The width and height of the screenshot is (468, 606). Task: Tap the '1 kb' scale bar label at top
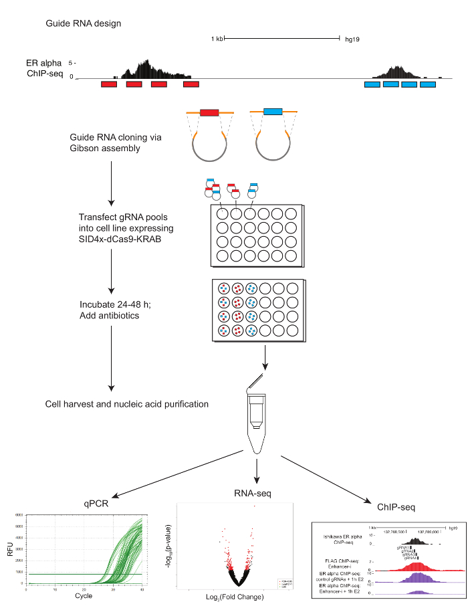[217, 39]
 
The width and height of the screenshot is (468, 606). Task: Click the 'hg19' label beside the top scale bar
[352, 39]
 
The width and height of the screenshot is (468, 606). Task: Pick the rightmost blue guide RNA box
[427, 84]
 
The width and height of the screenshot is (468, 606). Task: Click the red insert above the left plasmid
[209, 112]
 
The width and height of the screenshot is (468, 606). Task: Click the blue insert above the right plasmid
[272, 112]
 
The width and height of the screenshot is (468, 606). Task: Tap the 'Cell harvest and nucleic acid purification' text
[126, 404]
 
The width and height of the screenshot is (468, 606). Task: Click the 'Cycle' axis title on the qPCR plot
[84, 595]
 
